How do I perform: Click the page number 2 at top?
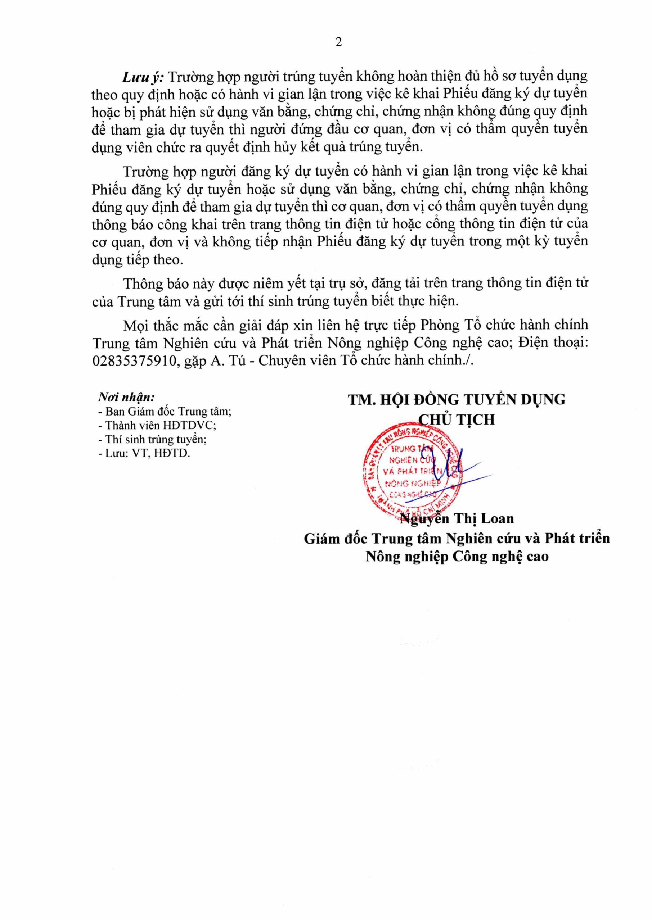338,42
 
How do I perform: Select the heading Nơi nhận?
126,397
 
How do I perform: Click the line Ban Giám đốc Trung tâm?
165,412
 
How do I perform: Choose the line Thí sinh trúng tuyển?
153,439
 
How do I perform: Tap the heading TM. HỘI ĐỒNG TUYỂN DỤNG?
457,400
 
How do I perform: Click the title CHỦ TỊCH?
457,419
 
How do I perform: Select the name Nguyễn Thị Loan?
457,519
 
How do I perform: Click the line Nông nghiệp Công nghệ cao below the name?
457,557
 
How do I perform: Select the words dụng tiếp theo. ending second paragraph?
137,260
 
